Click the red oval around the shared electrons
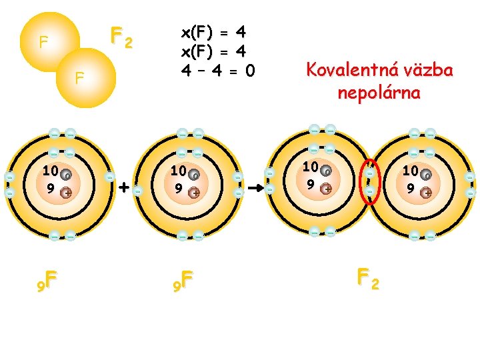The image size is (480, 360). pos(360,182)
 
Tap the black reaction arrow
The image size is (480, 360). pos(255,187)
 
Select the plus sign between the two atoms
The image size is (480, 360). pos(124,187)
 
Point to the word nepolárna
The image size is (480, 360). pos(379,93)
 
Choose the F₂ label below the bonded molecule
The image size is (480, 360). pos(368,279)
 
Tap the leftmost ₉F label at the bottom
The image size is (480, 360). pos(47,281)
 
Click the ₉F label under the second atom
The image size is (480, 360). pos(183,281)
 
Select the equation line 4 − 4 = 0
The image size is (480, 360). pos(217,71)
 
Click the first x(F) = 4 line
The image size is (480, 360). pos(213,33)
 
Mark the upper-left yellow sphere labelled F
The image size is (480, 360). pos(50,41)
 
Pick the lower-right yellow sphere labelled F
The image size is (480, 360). pos(86,78)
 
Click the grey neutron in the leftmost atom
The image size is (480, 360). pos(66,175)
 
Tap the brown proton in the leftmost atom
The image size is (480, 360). pos(66,193)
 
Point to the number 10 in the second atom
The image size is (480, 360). pos(179,171)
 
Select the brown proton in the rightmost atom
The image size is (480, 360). pos(426,193)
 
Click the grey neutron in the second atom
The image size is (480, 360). pos(194,175)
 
